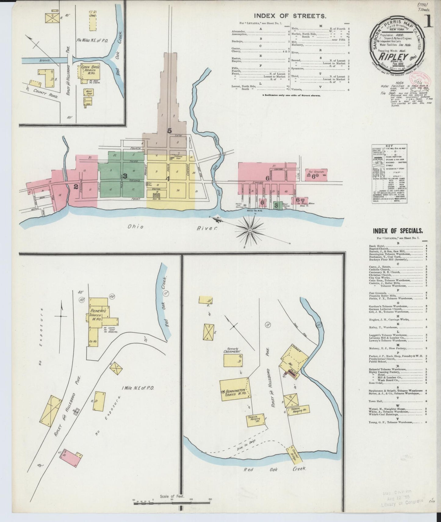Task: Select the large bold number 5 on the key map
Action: pyautogui.click(x=169, y=131)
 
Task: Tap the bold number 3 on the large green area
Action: pyautogui.click(x=125, y=176)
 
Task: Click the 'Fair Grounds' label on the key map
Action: pyautogui.click(x=315, y=172)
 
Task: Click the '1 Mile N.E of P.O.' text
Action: pyautogui.click(x=138, y=388)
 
